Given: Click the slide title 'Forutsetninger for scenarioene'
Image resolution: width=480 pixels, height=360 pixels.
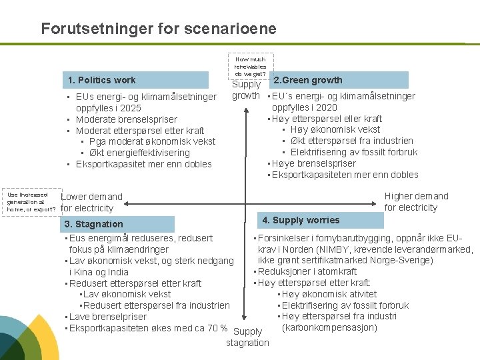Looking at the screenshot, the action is (x=158, y=29).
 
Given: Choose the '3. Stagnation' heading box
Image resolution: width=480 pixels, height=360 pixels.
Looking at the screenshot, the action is (x=118, y=224).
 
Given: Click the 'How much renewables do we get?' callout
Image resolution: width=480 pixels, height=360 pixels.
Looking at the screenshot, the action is (x=250, y=66).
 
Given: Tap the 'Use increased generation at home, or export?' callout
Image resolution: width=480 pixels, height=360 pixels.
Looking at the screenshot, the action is (x=31, y=202).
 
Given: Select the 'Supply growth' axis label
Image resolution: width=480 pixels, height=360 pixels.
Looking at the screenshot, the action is (x=246, y=89).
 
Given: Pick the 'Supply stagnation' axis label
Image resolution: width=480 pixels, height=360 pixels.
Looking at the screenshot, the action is (x=248, y=337).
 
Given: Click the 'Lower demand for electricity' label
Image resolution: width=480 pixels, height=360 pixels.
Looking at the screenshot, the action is (x=91, y=202).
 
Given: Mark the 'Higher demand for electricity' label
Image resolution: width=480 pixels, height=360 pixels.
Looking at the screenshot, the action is (x=417, y=201).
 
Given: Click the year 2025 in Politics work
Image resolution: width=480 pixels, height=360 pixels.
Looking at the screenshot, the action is (x=131, y=108).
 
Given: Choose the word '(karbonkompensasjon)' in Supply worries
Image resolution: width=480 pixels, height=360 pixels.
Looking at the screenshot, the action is (x=329, y=327).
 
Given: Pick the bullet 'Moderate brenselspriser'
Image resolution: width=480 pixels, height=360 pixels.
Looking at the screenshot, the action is (x=126, y=119).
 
